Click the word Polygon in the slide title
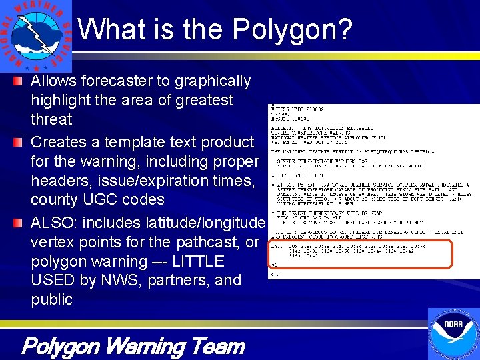pos(292,29)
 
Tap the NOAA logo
pos(453,333)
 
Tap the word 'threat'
pos(51,119)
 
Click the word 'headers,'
pos(59,180)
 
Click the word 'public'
pos(51,299)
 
